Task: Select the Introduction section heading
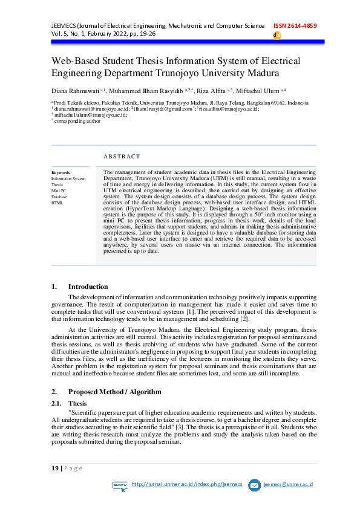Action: pyautogui.click(x=88, y=287)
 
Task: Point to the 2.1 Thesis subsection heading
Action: pyautogui.click(x=77, y=403)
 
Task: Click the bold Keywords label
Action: pyautogui.click(x=61, y=173)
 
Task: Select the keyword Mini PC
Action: pyautogui.click(x=59, y=191)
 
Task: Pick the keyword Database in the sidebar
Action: pyautogui.click(x=59, y=197)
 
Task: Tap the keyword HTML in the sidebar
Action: pyautogui.click(x=57, y=203)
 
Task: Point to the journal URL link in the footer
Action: pyautogui.click(x=186, y=484)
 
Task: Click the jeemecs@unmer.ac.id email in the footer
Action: pyautogui.click(x=289, y=484)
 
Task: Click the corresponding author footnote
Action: pyautogui.click(x=77, y=121)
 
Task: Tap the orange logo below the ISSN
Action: pyautogui.click(x=277, y=36)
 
